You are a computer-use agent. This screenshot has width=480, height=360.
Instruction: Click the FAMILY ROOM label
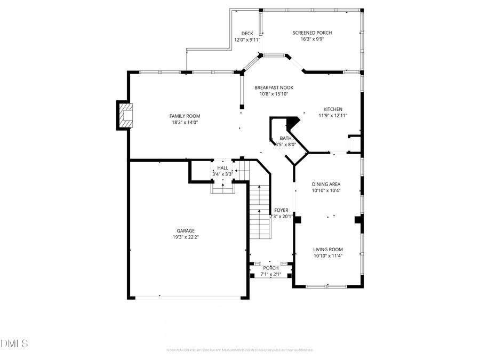185,116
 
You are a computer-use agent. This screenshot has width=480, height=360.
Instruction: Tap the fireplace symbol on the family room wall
126,115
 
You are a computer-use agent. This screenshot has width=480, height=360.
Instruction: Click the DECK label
247,34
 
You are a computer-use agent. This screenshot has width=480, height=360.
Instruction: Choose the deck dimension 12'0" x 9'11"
247,39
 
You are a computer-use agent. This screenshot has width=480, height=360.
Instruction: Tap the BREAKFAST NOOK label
274,87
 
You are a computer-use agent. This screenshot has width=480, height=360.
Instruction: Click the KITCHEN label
333,109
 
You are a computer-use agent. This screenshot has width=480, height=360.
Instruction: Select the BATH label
285,139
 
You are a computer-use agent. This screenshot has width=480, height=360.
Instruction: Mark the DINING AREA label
326,184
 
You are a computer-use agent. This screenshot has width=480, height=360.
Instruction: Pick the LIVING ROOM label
328,249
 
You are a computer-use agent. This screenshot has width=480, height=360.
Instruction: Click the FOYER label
281,210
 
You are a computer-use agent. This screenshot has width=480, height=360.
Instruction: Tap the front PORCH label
270,268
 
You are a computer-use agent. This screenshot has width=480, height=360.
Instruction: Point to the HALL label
222,168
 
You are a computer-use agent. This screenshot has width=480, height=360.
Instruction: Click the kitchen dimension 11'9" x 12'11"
333,115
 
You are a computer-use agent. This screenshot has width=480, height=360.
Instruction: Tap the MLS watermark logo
14,343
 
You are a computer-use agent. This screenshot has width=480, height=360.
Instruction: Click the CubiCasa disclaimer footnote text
239,350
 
